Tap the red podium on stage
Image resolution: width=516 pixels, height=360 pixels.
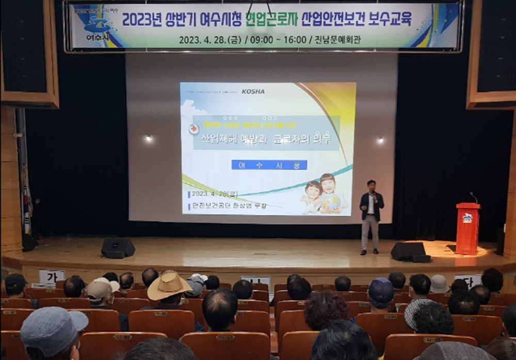[x=467, y=228]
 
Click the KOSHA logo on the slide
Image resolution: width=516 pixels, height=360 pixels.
[x=253, y=91]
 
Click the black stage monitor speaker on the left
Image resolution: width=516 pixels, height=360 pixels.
[x=118, y=248]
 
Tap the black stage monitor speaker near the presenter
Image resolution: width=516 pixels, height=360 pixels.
[x=408, y=251]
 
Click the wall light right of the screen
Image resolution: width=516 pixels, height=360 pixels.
[x=380, y=140]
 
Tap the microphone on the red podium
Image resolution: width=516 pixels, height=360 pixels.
[x=473, y=197]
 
